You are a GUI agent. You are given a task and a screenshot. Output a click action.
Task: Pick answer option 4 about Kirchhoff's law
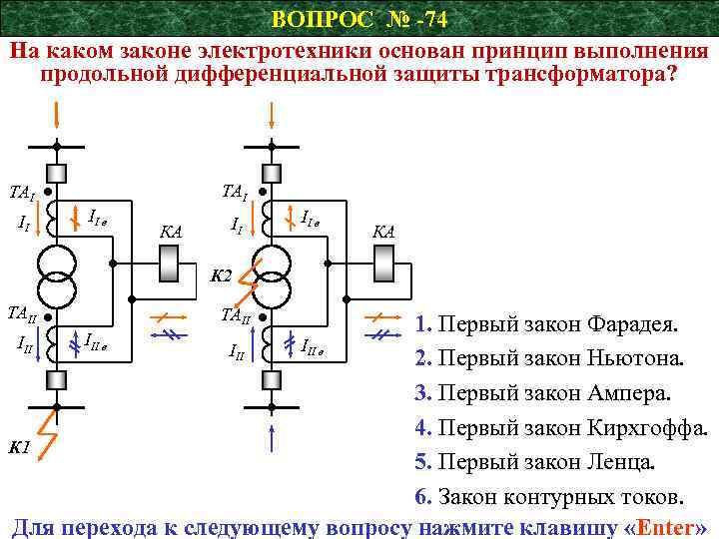coord(561,428)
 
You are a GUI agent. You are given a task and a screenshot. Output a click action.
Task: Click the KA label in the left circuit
coord(171,232)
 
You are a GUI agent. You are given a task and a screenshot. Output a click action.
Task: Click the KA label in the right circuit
coord(383,232)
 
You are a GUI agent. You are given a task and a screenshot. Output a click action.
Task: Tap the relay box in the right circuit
coord(383,265)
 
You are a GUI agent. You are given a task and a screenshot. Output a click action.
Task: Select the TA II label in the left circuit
coord(21,311)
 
